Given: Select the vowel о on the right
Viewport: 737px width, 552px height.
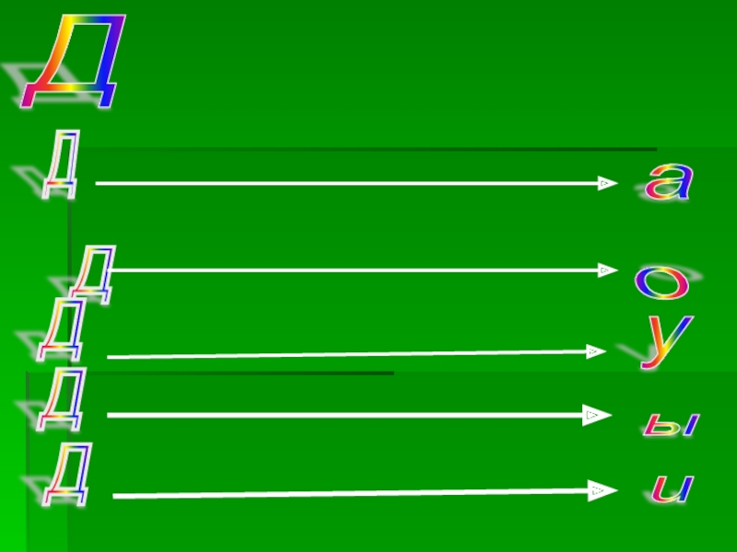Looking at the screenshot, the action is coord(661,282).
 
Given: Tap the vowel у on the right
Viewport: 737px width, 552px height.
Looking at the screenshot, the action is coord(666,341).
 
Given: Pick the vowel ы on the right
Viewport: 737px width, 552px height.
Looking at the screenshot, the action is coord(671,424).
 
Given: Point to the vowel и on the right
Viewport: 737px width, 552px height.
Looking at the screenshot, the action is coord(671,488).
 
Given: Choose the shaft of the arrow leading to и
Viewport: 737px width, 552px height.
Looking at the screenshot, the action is coord(350,494).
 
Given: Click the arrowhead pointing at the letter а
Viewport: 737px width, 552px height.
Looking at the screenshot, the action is coord(606,183).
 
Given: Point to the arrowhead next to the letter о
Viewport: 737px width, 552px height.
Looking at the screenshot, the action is coord(606,270).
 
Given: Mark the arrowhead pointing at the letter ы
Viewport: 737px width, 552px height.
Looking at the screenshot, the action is coord(594,416).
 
